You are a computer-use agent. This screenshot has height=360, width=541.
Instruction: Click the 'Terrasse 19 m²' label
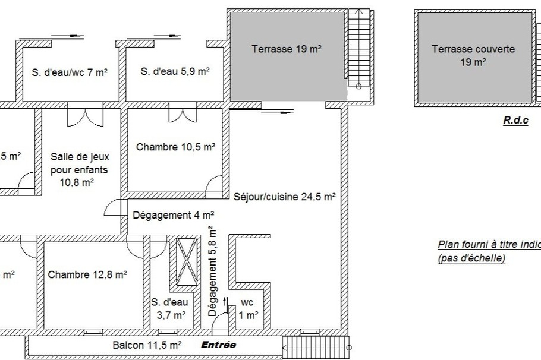tap(287, 49)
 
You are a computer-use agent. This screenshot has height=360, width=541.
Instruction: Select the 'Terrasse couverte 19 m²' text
tap(473, 55)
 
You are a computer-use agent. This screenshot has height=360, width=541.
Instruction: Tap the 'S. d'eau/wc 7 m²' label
tap(70, 72)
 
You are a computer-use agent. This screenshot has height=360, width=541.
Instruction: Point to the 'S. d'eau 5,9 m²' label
tap(175, 72)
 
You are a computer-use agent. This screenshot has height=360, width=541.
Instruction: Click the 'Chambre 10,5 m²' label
tap(175, 147)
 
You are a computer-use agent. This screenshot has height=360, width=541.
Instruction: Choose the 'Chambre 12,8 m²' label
tap(87, 274)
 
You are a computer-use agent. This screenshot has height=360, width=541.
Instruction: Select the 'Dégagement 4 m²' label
tap(173, 215)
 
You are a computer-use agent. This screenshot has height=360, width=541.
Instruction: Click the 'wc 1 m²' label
tap(249, 310)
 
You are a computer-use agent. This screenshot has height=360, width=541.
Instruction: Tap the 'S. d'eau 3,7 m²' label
tap(169, 308)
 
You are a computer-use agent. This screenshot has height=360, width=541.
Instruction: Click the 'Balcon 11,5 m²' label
tap(147, 345)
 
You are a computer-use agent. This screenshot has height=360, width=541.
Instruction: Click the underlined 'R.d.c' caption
tap(515, 120)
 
